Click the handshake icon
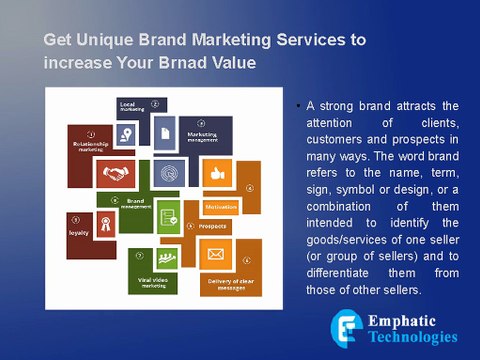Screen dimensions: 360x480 [122, 172]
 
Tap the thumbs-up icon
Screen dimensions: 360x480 [215, 172]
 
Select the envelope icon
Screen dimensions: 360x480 [214, 254]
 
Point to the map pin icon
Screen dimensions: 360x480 [126, 133]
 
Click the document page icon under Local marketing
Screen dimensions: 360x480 [162, 131]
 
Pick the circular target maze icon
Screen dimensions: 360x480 [170, 172]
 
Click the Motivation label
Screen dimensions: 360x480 [221, 207]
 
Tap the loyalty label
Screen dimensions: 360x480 [79, 232]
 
